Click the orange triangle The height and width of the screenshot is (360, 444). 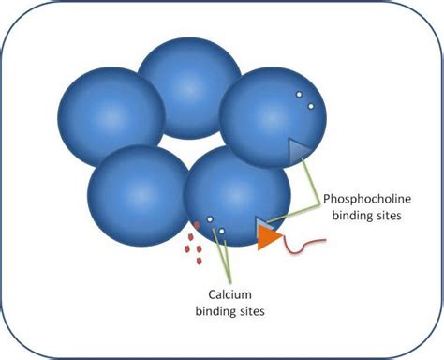point(266,235)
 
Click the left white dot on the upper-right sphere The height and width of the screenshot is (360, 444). point(299,95)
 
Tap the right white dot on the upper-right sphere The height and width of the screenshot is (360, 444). point(310,105)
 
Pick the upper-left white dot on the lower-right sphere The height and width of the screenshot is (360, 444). point(211,220)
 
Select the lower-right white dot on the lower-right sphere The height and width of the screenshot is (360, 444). point(222,230)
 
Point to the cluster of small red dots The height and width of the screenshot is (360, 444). point(195,242)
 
